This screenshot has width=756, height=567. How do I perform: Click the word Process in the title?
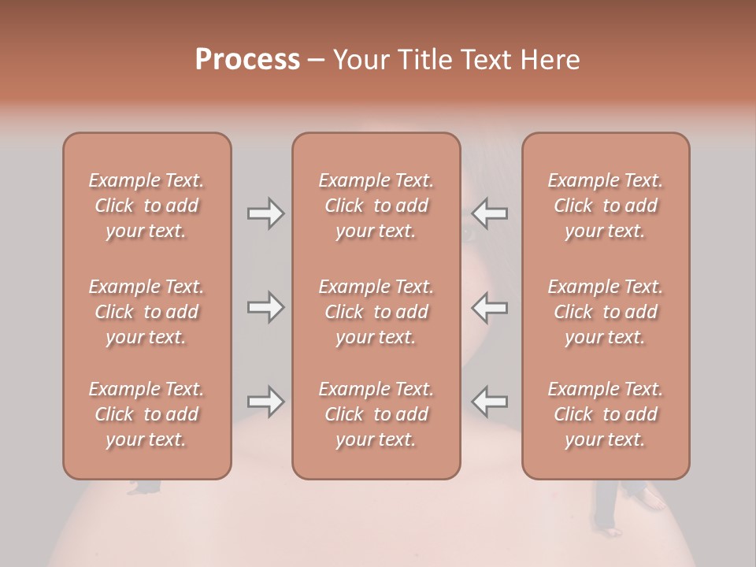[x=247, y=60]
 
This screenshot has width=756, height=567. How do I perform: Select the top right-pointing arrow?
[x=266, y=213]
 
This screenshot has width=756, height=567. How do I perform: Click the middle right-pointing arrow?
[x=266, y=307]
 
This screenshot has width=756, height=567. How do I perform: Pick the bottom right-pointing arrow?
[x=266, y=402]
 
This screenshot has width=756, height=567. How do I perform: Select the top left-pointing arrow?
[x=490, y=213]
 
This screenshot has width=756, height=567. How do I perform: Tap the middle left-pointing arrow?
[x=490, y=307]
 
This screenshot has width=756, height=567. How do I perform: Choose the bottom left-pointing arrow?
[x=490, y=402]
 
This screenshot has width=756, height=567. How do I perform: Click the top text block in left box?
[x=146, y=206]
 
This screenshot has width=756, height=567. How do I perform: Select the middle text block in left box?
[x=146, y=312]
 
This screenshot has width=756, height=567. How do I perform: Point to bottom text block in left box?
[x=146, y=414]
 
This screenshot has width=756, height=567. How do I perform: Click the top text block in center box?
[x=376, y=206]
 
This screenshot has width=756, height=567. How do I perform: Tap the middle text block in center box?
[x=376, y=312]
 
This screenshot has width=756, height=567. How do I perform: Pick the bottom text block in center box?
[x=376, y=414]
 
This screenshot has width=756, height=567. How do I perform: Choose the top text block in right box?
[x=606, y=206]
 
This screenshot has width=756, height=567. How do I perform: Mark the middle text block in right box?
[x=606, y=312]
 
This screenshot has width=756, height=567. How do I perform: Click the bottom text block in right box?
[x=606, y=414]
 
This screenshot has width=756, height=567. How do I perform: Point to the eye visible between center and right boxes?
[x=469, y=233]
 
